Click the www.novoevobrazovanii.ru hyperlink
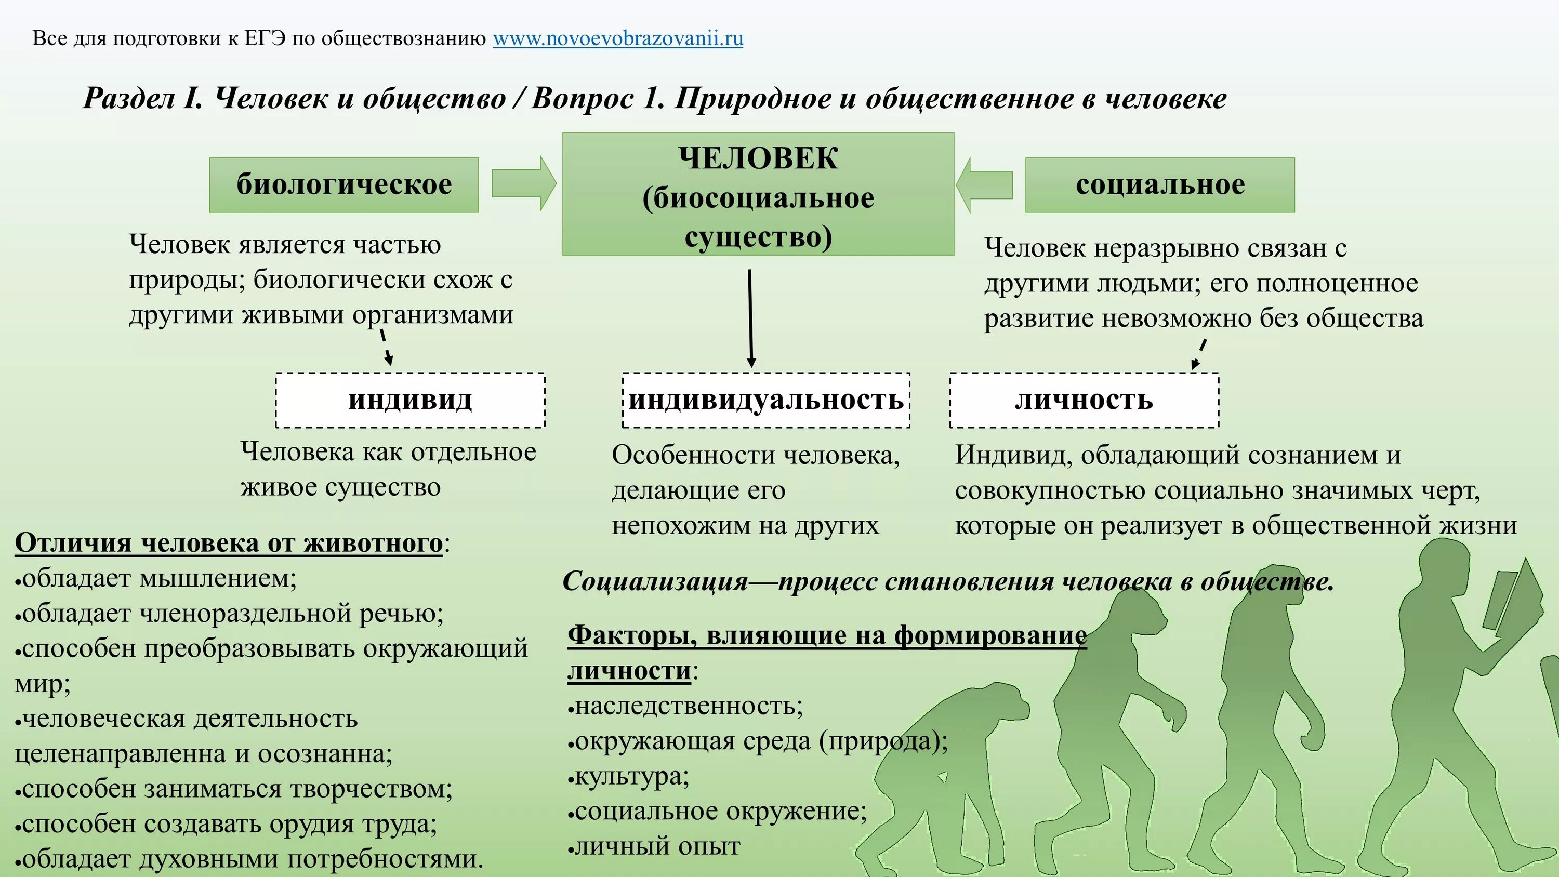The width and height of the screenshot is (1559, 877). coord(617,39)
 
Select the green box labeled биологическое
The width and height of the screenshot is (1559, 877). coord(343,184)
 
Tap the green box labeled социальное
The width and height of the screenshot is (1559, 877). coord(1159,184)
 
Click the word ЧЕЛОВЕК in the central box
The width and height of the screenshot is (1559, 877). coord(758,158)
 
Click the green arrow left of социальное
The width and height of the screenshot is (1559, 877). coord(985,184)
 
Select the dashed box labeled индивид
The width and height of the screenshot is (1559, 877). coord(411,400)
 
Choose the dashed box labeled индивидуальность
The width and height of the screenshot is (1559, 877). coord(766,400)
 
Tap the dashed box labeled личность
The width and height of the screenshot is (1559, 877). coord(1084,400)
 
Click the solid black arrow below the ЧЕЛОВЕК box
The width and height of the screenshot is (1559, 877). coord(750,318)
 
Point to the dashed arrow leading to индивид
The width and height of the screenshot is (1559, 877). coord(386,347)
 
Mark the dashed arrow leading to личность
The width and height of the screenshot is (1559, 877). coord(1199,354)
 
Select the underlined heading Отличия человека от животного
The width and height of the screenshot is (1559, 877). coord(229,543)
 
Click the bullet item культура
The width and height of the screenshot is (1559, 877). coord(631,776)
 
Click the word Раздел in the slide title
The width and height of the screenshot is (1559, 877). coord(128,99)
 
